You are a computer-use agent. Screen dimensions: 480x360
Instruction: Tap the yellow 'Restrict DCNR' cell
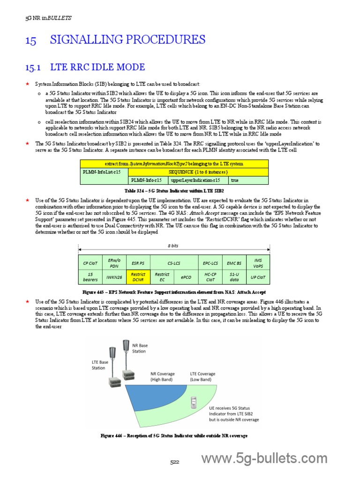point(138,277)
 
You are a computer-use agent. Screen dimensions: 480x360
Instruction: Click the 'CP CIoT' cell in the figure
point(90,263)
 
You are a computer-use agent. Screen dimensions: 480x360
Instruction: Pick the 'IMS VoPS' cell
point(258,263)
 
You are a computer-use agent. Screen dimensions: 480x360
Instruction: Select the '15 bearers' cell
point(90,277)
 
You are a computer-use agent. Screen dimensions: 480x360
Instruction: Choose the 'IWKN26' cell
point(113,277)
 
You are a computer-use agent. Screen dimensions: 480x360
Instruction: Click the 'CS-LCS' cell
point(174,263)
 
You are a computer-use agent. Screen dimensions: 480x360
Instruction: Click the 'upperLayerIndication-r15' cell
point(198,180)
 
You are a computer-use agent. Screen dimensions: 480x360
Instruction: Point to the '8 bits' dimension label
point(173,246)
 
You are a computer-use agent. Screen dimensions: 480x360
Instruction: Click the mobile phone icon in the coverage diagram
point(193,402)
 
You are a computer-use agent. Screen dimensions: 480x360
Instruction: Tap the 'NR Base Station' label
point(140,348)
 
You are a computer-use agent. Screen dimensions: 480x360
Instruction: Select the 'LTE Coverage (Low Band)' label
point(203,376)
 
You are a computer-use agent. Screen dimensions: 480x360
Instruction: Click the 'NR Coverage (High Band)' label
point(163,376)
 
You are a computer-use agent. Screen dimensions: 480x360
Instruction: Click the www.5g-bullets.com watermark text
point(264,458)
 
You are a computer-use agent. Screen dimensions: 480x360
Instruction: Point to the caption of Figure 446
point(174,435)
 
